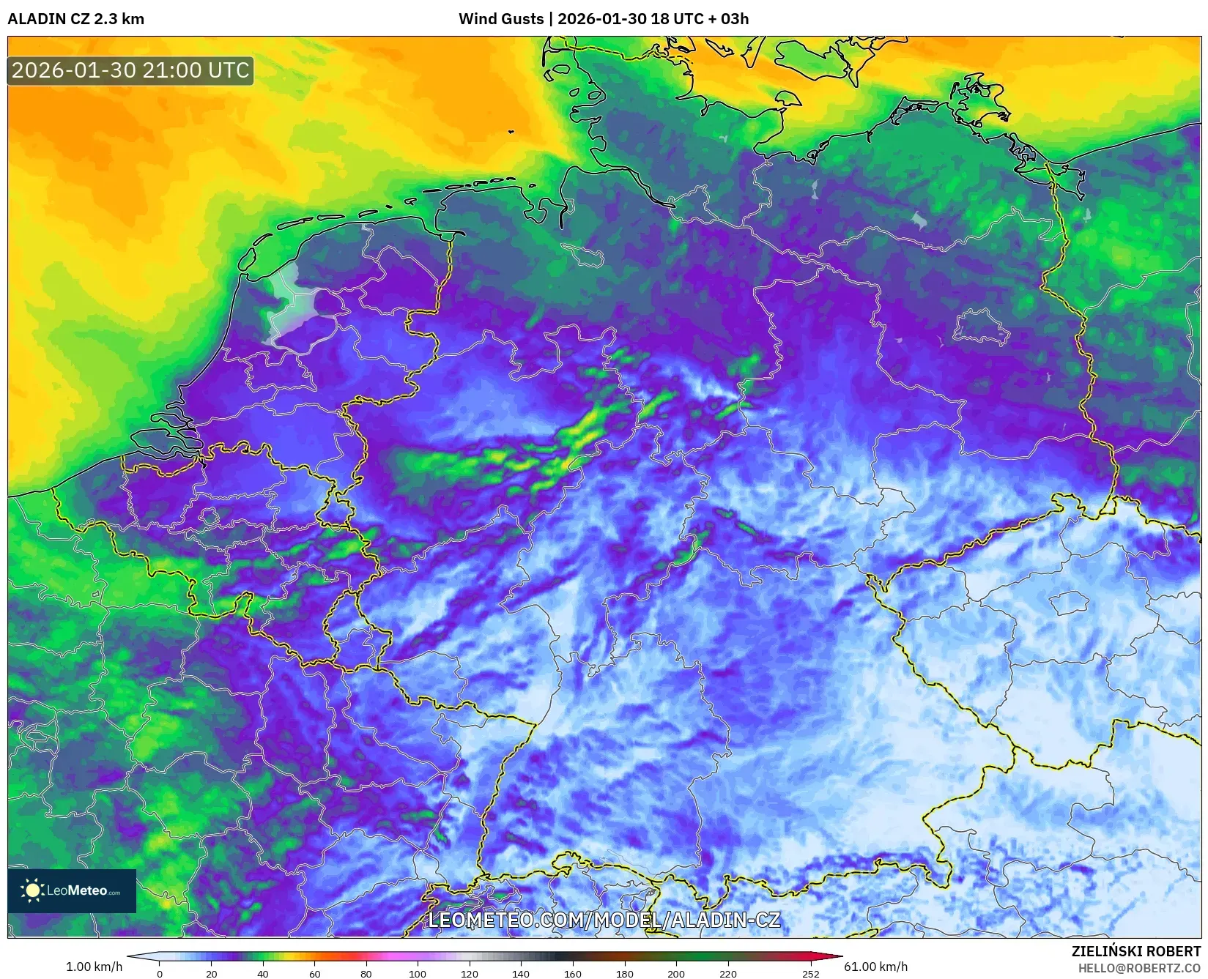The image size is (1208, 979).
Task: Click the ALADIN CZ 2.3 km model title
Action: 75,19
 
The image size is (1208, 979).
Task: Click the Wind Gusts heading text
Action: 501,19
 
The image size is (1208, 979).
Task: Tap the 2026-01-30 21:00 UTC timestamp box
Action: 130,70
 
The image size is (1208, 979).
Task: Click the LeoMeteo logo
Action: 72,890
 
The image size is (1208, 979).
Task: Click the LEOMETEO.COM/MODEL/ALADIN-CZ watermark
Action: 604,920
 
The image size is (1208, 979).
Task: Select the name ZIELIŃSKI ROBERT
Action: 1136,951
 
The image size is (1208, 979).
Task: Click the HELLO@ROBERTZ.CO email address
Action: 1139,968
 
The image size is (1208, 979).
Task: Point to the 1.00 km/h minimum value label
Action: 94,967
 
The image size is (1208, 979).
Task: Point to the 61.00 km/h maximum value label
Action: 875,967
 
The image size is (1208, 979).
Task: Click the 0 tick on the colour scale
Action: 160,973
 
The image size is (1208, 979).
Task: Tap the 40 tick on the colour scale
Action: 263,973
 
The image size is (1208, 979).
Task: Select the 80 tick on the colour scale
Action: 366,973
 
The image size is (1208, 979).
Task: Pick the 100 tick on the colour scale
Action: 418,973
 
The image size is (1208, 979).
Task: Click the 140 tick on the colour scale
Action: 521,973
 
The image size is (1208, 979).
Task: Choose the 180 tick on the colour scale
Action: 624,973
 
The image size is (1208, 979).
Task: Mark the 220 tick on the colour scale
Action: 727,973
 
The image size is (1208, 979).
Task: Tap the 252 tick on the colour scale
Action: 810,973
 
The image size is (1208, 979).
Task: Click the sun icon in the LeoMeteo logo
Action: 32,890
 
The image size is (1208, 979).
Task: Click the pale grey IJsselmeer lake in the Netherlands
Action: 293,308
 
